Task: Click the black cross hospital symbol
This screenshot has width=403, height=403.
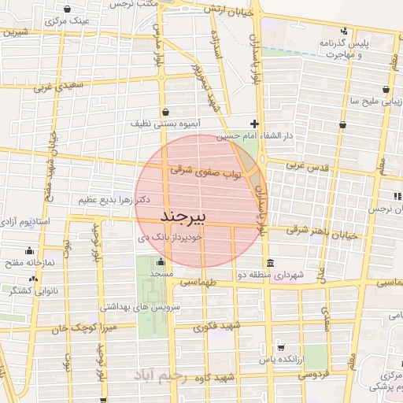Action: tap(253, 124)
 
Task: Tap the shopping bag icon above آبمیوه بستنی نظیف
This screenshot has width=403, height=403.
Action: tap(165, 111)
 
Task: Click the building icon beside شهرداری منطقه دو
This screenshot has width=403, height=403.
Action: tap(270, 262)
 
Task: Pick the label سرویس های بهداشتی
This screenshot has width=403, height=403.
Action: tap(141, 305)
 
